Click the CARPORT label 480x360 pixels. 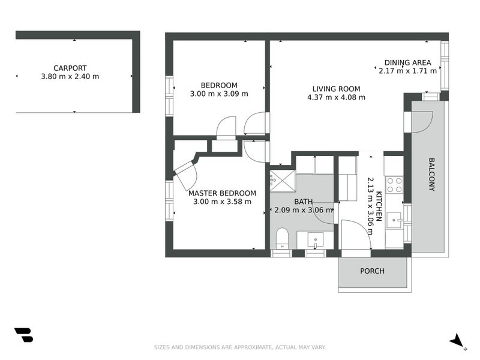[x=70, y=68]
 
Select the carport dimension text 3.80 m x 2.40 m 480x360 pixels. [x=70, y=77]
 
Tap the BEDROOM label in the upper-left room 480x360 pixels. [x=218, y=85]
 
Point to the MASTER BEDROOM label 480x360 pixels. [x=222, y=193]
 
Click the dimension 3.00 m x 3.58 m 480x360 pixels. [x=222, y=202]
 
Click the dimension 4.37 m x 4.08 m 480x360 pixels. [x=336, y=97]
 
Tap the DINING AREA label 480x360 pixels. [x=407, y=62]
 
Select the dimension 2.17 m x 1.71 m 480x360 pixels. [x=407, y=71]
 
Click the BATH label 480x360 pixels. [x=303, y=202]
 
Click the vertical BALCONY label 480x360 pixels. [x=431, y=174]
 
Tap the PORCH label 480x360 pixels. [x=372, y=271]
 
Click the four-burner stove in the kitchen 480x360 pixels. [x=394, y=184]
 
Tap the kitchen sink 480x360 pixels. [x=395, y=220]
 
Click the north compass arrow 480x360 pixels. [x=457, y=340]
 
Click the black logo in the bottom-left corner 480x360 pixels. [x=23, y=335]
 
